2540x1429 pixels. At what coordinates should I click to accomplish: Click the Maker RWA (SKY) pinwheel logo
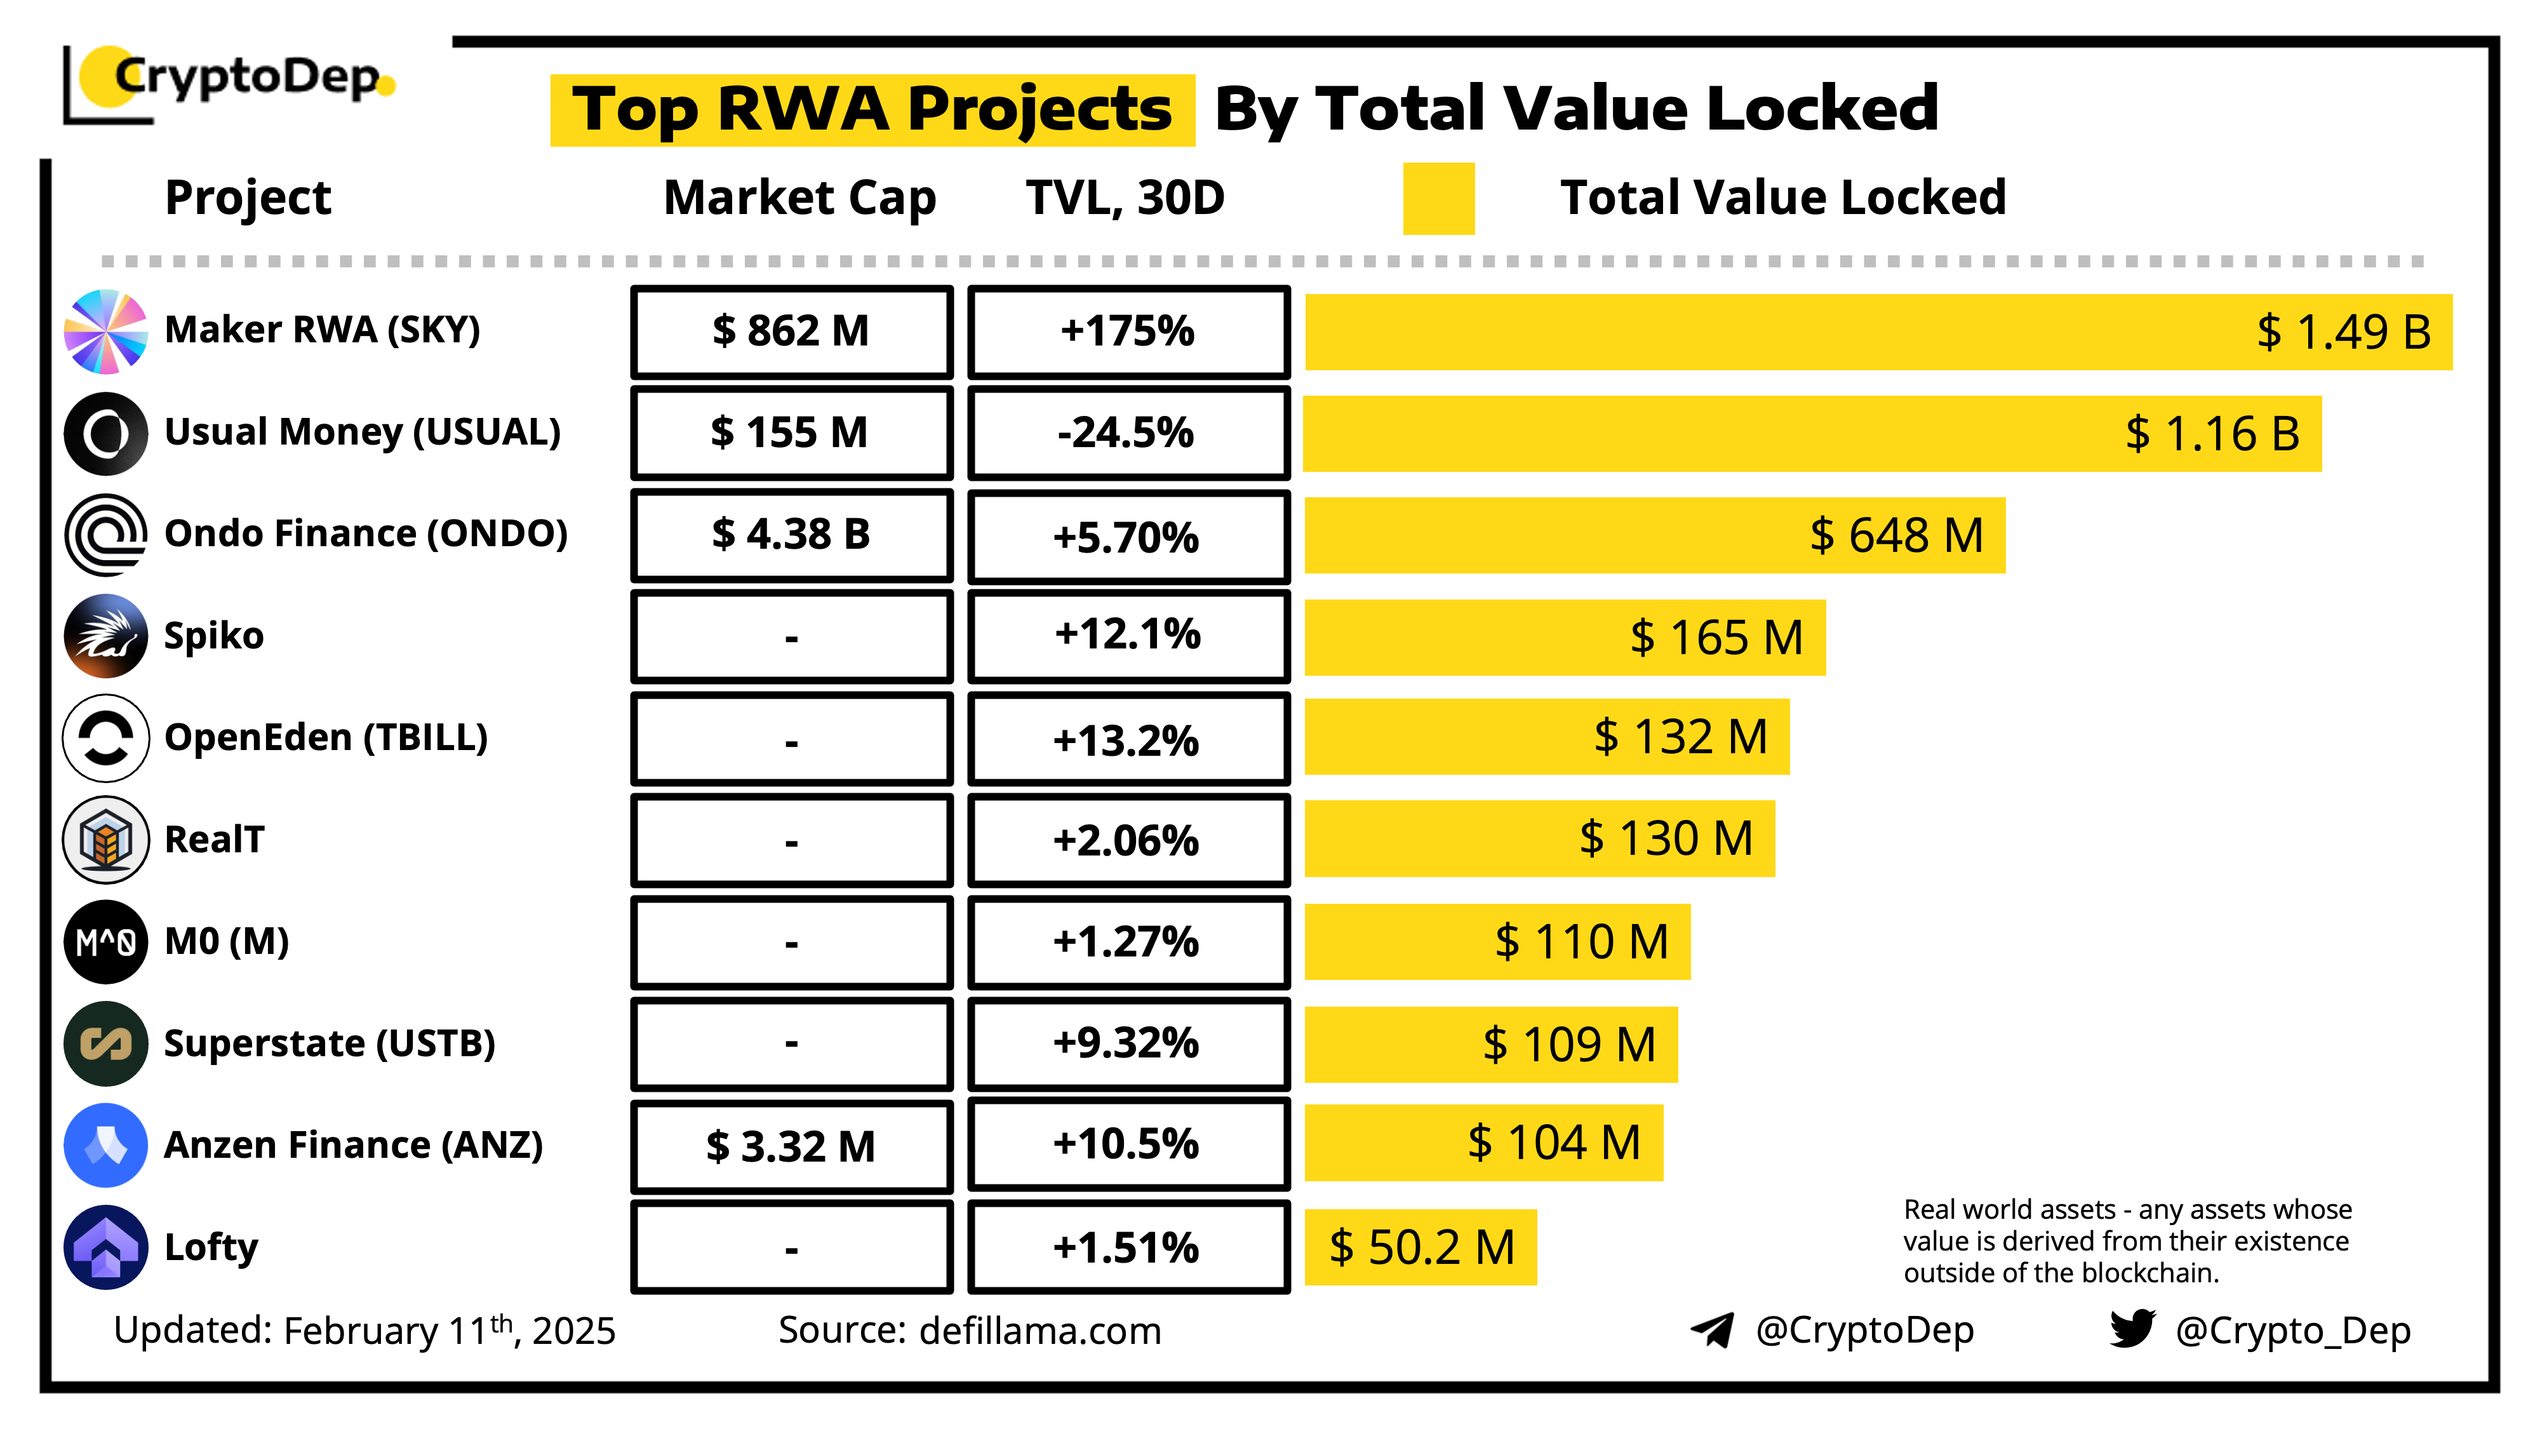tap(105, 332)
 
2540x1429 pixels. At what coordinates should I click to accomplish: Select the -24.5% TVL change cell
tap(1128, 433)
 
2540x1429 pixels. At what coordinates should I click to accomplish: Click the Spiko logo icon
tap(105, 636)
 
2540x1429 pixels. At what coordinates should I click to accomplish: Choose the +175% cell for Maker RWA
tap(1128, 332)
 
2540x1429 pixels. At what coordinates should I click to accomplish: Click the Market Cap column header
tap(799, 198)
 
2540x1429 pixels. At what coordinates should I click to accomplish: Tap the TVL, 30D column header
tap(1125, 198)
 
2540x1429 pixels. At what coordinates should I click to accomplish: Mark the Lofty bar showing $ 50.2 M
tap(1420, 1247)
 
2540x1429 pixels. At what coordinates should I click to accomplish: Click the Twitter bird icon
tap(2132, 1329)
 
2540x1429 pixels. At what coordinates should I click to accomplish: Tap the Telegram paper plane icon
tap(1712, 1329)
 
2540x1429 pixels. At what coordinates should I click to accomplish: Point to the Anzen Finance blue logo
tap(105, 1145)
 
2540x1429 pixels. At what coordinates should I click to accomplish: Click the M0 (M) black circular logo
tap(105, 942)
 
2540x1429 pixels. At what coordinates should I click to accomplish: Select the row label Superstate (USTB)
tap(330, 1043)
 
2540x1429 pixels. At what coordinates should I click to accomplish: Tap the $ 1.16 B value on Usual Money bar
tap(2212, 434)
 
